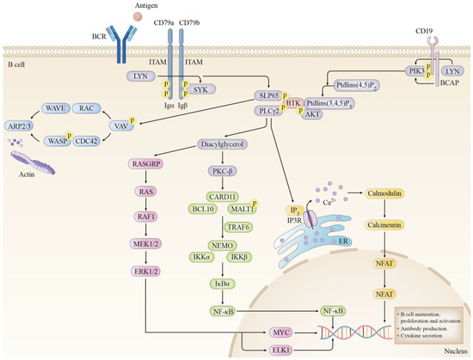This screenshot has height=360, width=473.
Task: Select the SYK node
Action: click(200, 88)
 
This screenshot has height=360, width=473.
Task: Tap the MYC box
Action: click(281, 332)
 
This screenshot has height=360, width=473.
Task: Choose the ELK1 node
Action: click(281, 350)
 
